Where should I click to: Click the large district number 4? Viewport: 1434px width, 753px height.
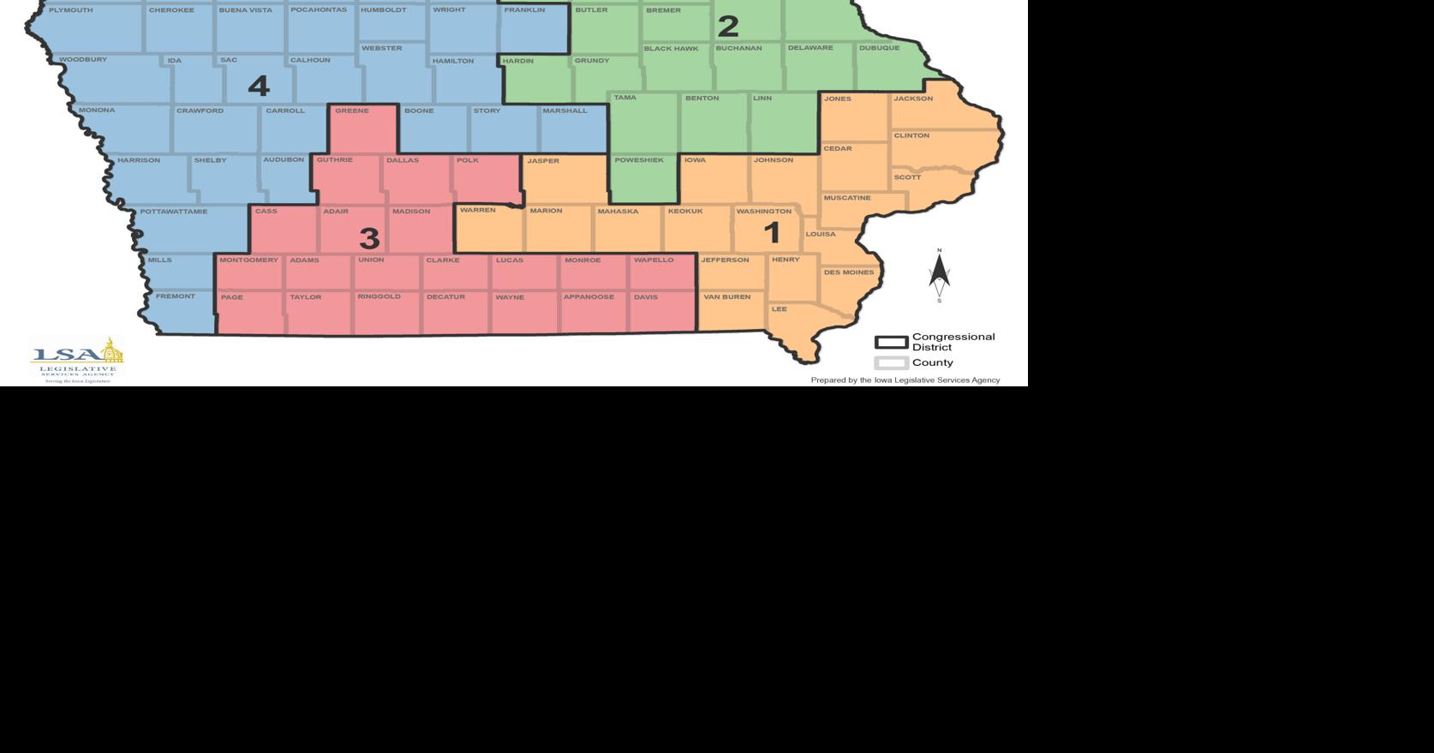tap(258, 86)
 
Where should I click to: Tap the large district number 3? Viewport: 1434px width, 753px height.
tap(369, 237)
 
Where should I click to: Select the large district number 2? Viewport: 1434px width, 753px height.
tap(727, 27)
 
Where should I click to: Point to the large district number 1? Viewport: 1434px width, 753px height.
tap(772, 232)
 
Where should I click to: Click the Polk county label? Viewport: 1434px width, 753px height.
tap(467, 160)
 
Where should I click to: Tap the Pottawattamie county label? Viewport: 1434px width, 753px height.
tap(173, 212)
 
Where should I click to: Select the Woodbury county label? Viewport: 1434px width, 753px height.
tap(83, 60)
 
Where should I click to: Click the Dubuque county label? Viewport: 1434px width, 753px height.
tap(879, 48)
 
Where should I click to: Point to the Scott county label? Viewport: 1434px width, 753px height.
tap(907, 177)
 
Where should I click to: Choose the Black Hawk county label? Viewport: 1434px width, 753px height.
tap(671, 49)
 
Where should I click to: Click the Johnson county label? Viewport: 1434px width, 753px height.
tap(773, 160)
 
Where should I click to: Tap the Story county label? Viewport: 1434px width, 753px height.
tap(487, 111)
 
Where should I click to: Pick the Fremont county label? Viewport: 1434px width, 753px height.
tap(175, 296)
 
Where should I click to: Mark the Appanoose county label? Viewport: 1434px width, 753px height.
tap(589, 297)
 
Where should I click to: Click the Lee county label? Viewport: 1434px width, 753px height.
tap(779, 309)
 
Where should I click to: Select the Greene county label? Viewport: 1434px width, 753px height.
tap(351, 111)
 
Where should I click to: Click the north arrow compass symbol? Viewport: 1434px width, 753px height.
tap(939, 275)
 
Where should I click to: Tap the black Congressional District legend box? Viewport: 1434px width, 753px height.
tap(891, 342)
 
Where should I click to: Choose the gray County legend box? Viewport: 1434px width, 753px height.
tap(891, 362)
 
